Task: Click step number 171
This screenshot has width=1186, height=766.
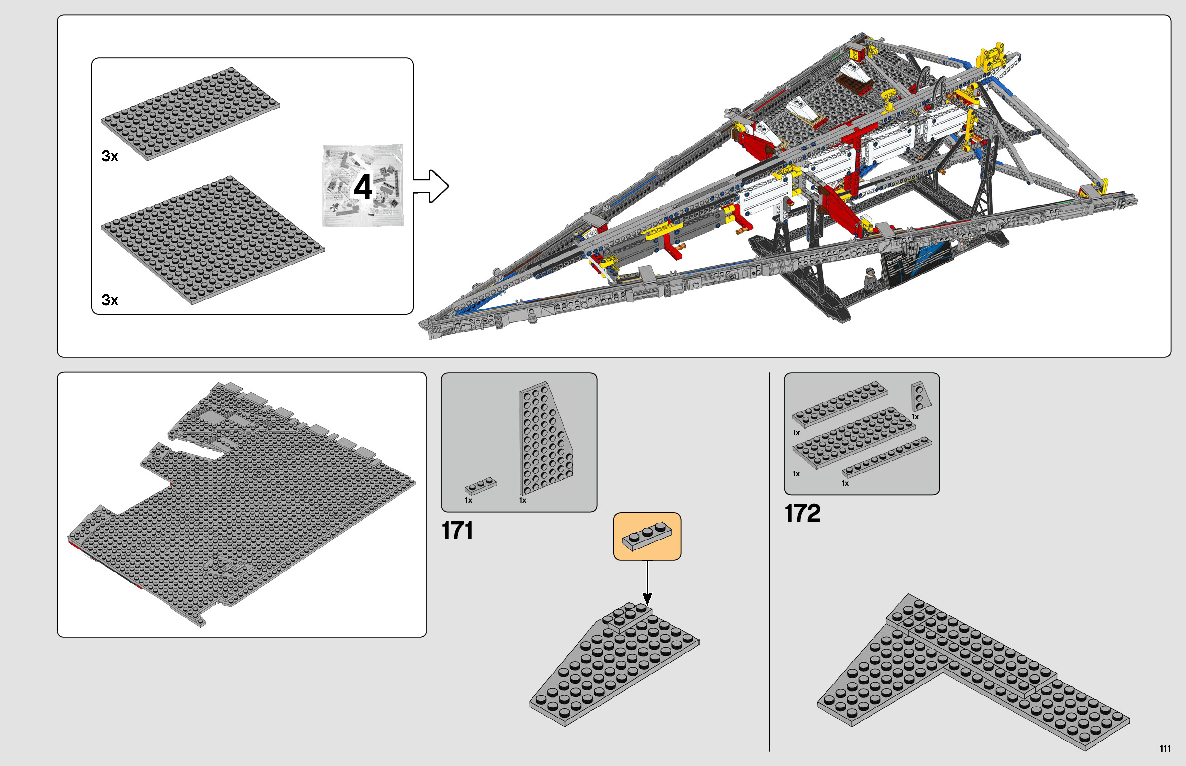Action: pyautogui.click(x=457, y=531)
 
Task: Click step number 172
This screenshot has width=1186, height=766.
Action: pyautogui.click(x=802, y=513)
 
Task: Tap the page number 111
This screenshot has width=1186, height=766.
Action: pyautogui.click(x=1165, y=749)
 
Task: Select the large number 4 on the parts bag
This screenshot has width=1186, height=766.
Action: pyautogui.click(x=363, y=187)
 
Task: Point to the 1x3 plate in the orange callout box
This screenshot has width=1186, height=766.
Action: pyautogui.click(x=647, y=536)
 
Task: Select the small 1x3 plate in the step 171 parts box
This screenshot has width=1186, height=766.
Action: pyautogui.click(x=480, y=486)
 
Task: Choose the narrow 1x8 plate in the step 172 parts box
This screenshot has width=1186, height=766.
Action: pyautogui.click(x=887, y=457)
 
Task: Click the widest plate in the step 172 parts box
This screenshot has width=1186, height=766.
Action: pyautogui.click(x=854, y=437)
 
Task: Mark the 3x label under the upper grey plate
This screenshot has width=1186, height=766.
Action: pyautogui.click(x=110, y=156)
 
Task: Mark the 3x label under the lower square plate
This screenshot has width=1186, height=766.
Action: pyautogui.click(x=110, y=300)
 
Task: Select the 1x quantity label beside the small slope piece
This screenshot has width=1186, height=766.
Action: pyautogui.click(x=915, y=417)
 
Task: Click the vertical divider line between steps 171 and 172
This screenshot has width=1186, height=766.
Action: pyautogui.click(x=769, y=560)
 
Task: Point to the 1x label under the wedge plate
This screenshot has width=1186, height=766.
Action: pyautogui.click(x=522, y=500)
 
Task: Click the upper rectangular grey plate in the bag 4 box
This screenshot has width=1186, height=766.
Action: pyautogui.click(x=190, y=114)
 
